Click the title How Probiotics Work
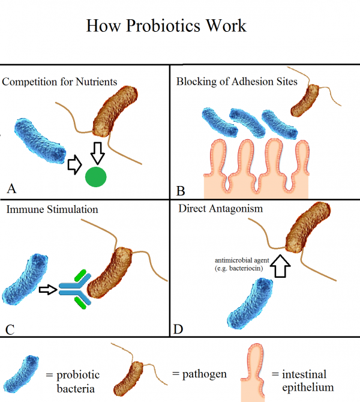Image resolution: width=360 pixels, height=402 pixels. (x=166, y=26)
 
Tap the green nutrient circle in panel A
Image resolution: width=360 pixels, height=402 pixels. (x=96, y=178)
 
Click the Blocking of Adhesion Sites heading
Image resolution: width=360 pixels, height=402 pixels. (x=236, y=82)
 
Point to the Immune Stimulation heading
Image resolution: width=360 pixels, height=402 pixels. (x=52, y=209)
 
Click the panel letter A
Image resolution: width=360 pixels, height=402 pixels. (x=11, y=190)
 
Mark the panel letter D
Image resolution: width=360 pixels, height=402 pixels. (x=179, y=329)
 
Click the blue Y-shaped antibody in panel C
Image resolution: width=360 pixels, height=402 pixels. (x=74, y=290)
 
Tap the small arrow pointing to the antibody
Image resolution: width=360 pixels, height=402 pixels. (x=47, y=290)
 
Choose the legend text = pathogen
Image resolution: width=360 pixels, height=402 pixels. (x=200, y=374)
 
